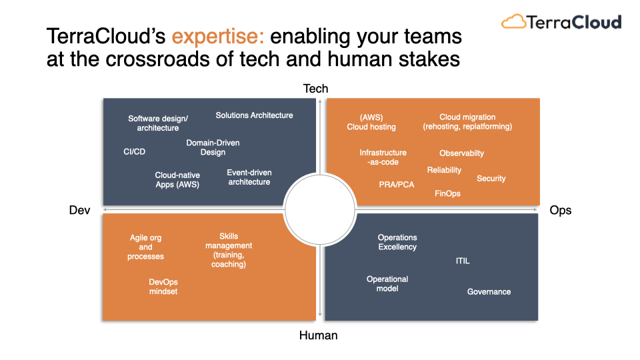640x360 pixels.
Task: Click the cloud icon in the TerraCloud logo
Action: pyautogui.click(x=513, y=21)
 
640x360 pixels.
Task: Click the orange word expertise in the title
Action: pyautogui.click(x=218, y=37)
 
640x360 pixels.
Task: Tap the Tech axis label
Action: pyautogui.click(x=315, y=89)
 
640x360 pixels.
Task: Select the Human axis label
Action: pyautogui.click(x=319, y=335)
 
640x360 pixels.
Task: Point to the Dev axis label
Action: pyautogui.click(x=79, y=210)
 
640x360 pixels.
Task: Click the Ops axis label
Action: pyautogui.click(x=561, y=210)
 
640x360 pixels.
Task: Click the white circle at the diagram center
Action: pyautogui.click(x=320, y=210)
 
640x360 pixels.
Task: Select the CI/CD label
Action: pyautogui.click(x=134, y=152)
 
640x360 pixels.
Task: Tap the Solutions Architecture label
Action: pyautogui.click(x=254, y=115)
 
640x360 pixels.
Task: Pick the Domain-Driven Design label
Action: pyautogui.click(x=213, y=147)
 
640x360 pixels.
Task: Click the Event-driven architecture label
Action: pyautogui.click(x=249, y=177)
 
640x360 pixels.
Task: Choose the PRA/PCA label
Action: pyautogui.click(x=396, y=185)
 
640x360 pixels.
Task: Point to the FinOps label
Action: pyautogui.click(x=447, y=193)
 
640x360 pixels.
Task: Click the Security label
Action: pyautogui.click(x=491, y=179)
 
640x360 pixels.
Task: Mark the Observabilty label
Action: pyautogui.click(x=461, y=153)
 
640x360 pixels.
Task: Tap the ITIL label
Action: pyautogui.click(x=463, y=261)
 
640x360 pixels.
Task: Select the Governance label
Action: pyautogui.click(x=489, y=292)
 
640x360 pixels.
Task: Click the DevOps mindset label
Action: pyautogui.click(x=163, y=287)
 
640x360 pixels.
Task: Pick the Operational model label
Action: pyautogui.click(x=387, y=284)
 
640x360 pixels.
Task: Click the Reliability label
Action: pyautogui.click(x=444, y=170)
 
